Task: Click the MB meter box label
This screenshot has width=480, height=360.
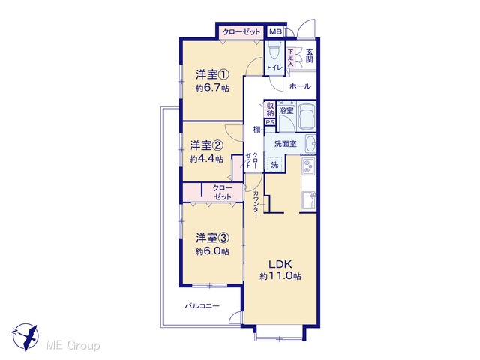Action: [275, 31]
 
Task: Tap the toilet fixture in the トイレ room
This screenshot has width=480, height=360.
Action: [274, 49]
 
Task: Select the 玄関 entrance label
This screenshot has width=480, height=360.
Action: [310, 55]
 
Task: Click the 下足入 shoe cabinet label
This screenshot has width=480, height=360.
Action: [290, 58]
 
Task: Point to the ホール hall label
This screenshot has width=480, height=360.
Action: [300, 86]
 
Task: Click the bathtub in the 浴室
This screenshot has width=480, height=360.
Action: [307, 116]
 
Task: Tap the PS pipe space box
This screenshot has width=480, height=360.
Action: [270, 122]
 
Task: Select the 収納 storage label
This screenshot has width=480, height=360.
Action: [270, 109]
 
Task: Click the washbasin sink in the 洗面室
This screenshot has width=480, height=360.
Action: [310, 144]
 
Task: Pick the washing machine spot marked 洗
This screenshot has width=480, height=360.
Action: [275, 165]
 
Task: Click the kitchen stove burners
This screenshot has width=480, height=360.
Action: [308, 166]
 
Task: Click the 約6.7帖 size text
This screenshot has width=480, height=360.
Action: [212, 88]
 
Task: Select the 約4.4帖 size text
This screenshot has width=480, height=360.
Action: [206, 159]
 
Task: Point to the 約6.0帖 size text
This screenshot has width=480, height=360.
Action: [212, 251]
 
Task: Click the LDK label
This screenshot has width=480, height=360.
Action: [280, 263]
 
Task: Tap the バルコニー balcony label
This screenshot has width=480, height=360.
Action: [202, 305]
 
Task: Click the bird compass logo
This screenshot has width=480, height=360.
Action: [25, 337]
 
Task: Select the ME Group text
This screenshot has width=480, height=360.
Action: [73, 346]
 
